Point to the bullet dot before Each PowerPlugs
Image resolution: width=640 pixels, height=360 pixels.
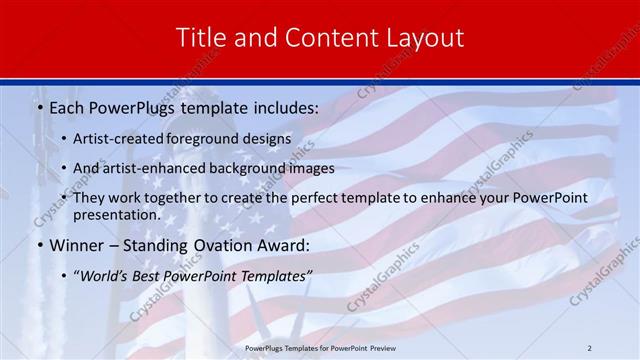click(38, 106)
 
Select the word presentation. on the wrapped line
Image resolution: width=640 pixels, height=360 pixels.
click(117, 214)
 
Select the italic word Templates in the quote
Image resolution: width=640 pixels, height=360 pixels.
click(275, 276)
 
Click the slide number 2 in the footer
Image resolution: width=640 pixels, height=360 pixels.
click(589, 347)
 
